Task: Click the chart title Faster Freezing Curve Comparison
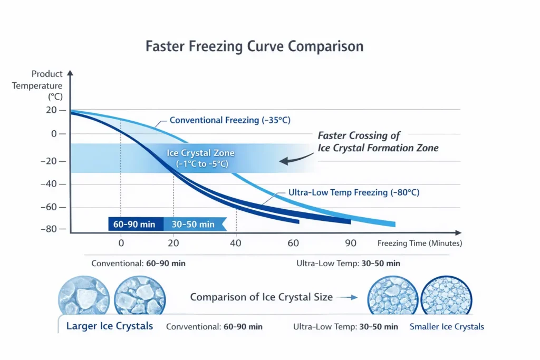pyautogui.click(x=254, y=46)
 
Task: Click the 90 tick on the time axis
pyautogui.click(x=351, y=243)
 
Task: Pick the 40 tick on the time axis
pyautogui.click(x=236, y=243)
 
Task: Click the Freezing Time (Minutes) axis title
pyautogui.click(x=420, y=243)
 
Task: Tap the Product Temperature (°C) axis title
pyautogui.click(x=38, y=85)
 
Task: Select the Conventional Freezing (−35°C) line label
pyautogui.click(x=230, y=120)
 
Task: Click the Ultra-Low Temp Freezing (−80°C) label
pyautogui.click(x=354, y=192)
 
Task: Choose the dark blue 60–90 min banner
pyautogui.click(x=136, y=225)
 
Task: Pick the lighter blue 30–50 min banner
pyautogui.click(x=194, y=225)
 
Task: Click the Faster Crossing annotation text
pyautogui.click(x=378, y=142)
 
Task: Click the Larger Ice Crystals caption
pyautogui.click(x=109, y=326)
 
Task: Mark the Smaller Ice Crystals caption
pyautogui.click(x=447, y=327)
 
